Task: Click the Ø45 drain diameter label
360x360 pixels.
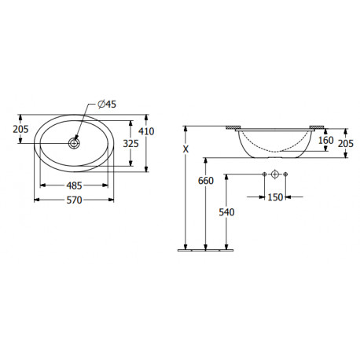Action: click(x=107, y=105)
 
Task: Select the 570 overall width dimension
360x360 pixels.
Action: click(x=75, y=200)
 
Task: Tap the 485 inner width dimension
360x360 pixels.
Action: click(x=75, y=186)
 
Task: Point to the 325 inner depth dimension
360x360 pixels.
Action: click(x=130, y=143)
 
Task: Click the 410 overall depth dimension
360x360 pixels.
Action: click(x=146, y=131)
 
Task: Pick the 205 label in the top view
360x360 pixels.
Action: click(x=20, y=129)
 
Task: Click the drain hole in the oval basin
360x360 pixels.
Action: click(x=74, y=143)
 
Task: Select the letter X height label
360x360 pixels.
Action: click(x=186, y=149)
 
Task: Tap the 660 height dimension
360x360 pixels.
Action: click(x=206, y=181)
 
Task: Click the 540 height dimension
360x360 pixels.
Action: click(x=226, y=212)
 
